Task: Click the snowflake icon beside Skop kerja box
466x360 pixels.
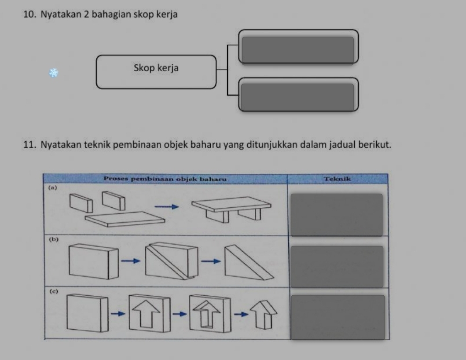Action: [54, 73]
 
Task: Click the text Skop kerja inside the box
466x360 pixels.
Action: [156, 68]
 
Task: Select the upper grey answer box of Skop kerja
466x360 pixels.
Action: [298, 50]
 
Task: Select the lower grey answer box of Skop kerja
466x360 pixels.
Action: [297, 97]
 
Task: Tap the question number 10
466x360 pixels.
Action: [29, 14]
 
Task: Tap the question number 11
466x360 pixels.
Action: [29, 145]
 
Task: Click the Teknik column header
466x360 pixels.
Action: [338, 179]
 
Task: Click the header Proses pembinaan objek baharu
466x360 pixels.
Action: [165, 179]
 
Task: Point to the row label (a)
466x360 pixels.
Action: [53, 187]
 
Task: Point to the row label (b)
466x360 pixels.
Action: [54, 239]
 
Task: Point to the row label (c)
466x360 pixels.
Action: [54, 291]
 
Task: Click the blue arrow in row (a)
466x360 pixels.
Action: [167, 206]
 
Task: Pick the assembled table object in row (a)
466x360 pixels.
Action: [231, 209]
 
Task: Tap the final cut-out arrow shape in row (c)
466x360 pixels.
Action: [264, 315]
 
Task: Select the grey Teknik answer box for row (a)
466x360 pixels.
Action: [337, 215]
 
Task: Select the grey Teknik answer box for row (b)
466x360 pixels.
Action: [337, 267]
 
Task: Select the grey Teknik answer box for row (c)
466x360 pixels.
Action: [338, 317]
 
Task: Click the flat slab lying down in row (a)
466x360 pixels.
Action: [125, 220]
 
